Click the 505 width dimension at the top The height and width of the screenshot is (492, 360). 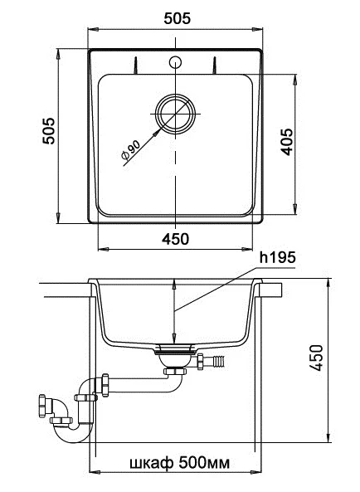pyautogui.click(x=178, y=18)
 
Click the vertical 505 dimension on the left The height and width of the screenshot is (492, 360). pyautogui.click(x=49, y=131)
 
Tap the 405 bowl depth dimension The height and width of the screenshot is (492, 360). pyautogui.click(x=287, y=142)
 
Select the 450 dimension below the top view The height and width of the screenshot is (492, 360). pyautogui.click(x=175, y=239)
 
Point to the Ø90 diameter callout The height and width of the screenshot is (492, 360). pyautogui.click(x=130, y=149)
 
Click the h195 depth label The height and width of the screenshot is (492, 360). pyautogui.click(x=278, y=257)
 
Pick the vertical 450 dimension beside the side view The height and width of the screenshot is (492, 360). pyautogui.click(x=316, y=358)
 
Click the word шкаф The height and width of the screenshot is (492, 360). pyautogui.click(x=151, y=463)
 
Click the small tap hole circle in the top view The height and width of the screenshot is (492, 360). pyautogui.click(x=175, y=62)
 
